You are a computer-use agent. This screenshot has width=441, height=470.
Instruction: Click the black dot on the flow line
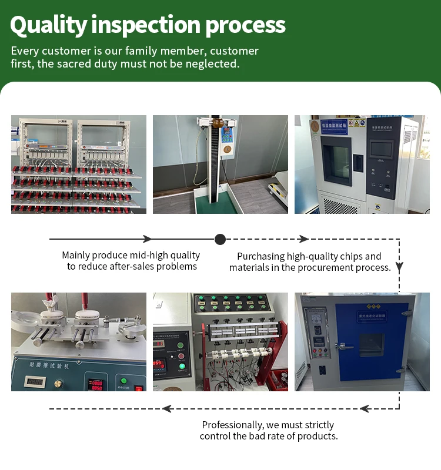220,239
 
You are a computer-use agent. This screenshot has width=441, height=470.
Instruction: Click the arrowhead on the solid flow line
148,239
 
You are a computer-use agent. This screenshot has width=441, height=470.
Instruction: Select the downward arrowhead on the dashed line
399,266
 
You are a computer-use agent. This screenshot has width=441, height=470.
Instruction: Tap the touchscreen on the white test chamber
382,150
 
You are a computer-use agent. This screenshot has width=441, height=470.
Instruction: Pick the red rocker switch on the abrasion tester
139,388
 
